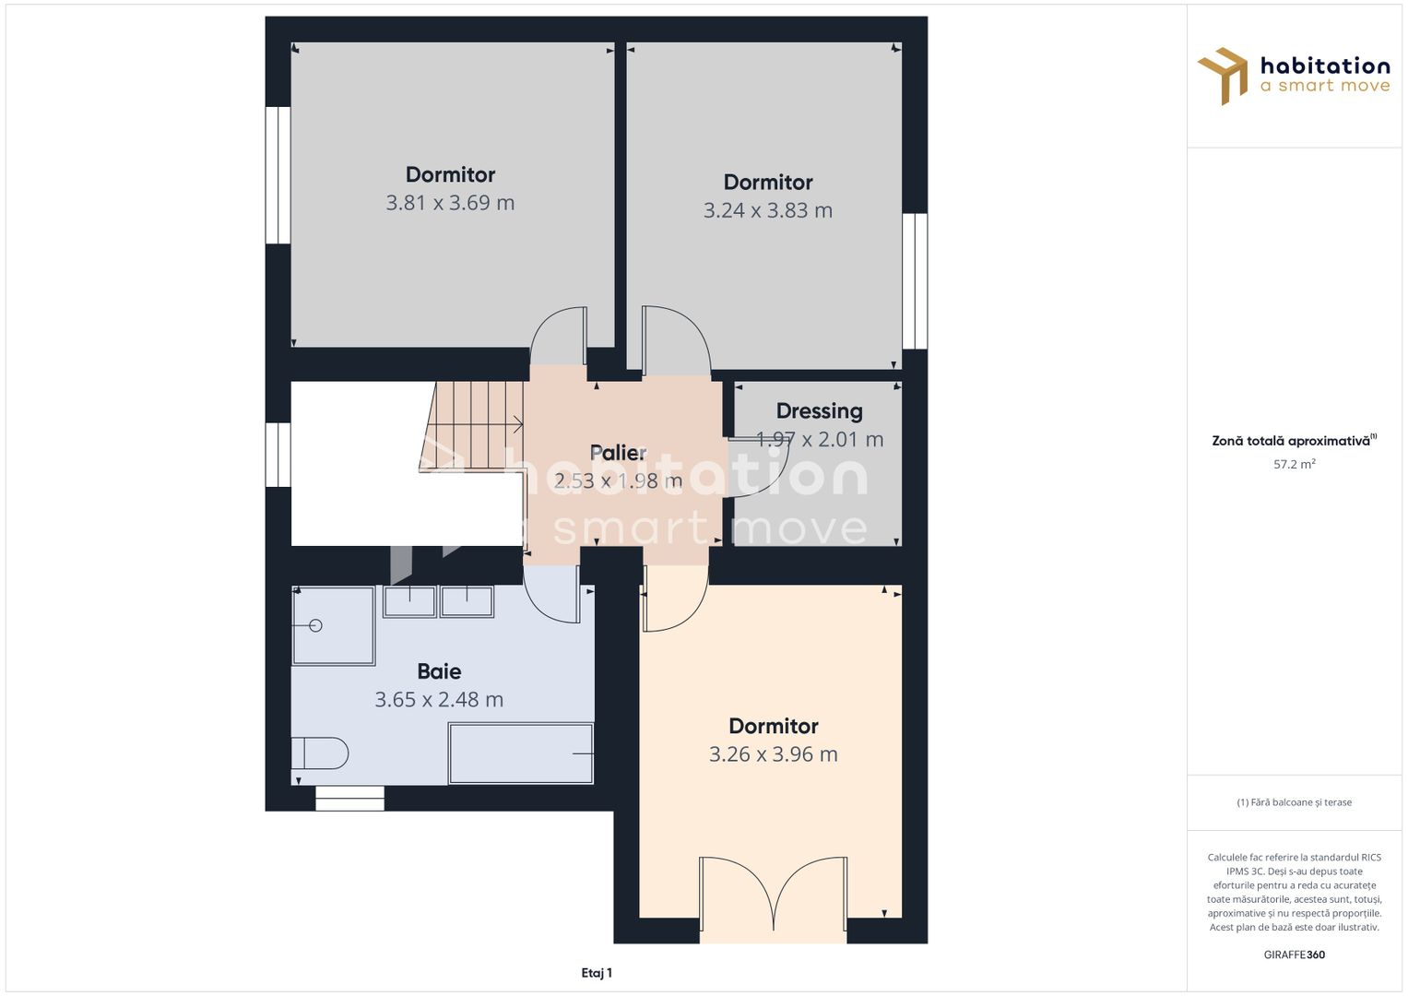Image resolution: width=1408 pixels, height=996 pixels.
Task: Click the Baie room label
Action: [439, 671]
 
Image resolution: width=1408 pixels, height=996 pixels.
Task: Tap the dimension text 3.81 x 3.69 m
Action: [450, 203]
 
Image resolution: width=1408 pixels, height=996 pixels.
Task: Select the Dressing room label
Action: [819, 411]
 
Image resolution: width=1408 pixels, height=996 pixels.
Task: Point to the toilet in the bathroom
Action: [320, 753]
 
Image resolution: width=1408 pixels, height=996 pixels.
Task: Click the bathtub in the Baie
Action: [521, 753]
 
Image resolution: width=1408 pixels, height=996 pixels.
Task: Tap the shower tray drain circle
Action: [315, 625]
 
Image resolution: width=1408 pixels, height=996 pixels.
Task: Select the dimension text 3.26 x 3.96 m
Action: [773, 754]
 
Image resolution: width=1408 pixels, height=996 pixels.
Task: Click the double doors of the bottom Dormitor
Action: [773, 895]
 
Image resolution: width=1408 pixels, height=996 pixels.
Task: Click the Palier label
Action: [618, 453]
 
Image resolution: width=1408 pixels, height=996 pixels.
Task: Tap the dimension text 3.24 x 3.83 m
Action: [767, 210]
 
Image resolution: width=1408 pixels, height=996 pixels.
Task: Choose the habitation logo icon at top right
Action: [1223, 76]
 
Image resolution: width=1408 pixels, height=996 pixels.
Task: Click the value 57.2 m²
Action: [1294, 464]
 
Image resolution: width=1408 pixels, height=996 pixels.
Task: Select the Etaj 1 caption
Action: [597, 973]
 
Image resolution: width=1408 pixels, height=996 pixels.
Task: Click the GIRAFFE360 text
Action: [1294, 954]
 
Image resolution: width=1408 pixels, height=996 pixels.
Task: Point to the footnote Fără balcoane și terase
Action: [1294, 802]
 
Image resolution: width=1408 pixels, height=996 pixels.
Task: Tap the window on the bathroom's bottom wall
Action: [349, 799]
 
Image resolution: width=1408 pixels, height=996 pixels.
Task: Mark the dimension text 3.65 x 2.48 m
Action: [439, 700]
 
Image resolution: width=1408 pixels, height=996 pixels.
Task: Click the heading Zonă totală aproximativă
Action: [1291, 441]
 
